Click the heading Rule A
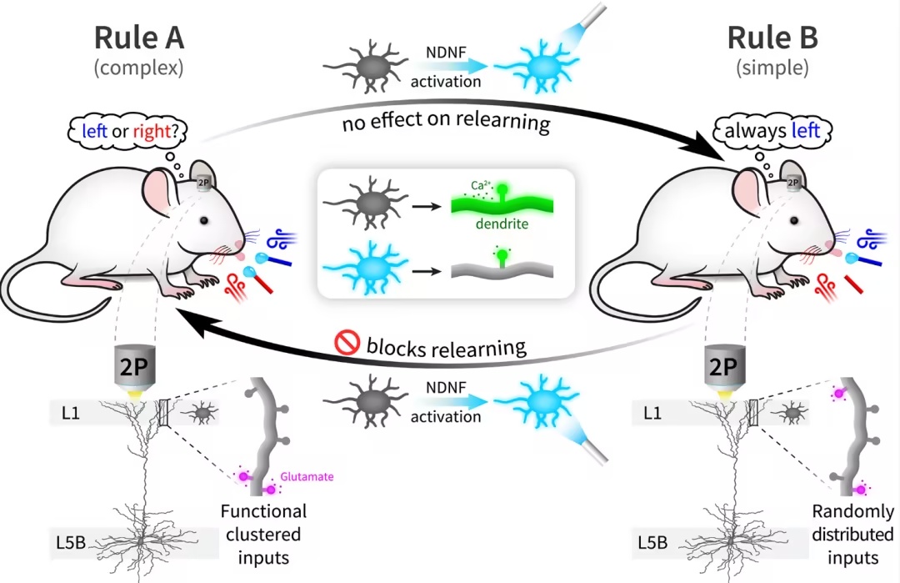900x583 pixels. tap(139, 38)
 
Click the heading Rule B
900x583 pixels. tap(772, 38)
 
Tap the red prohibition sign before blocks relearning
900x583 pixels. tap(347, 342)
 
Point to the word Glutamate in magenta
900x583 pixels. tap(307, 476)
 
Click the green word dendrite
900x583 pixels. tap(502, 224)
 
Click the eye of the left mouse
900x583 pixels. tap(204, 220)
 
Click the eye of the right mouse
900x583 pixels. tap(794, 220)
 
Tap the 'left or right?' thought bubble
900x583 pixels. tap(127, 131)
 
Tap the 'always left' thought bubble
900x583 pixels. tap(772, 131)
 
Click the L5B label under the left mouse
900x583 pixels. tap(71, 542)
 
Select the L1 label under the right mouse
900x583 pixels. tap(652, 413)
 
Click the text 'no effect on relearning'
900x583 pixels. tap(447, 121)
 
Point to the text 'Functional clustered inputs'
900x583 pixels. tap(263, 534)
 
